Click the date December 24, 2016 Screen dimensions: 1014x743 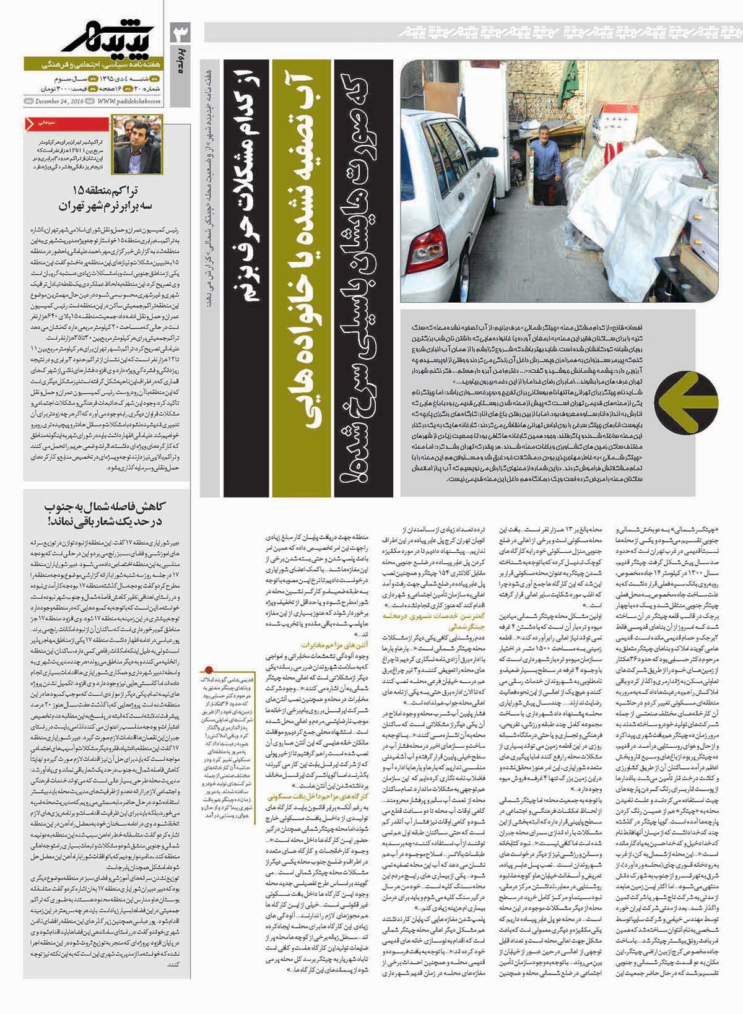click(x=59, y=102)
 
